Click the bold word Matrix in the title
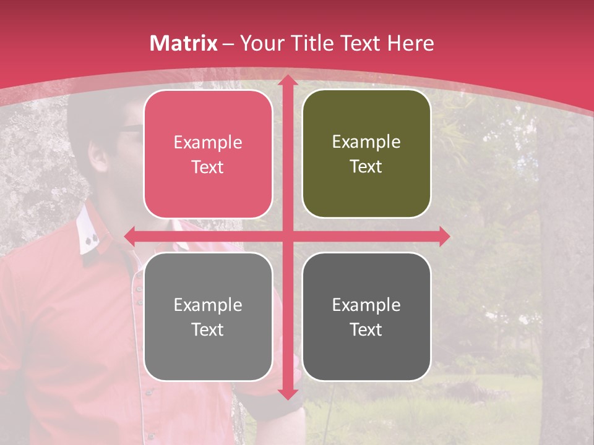click(x=184, y=43)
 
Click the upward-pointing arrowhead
click(x=287, y=82)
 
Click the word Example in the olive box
click(x=366, y=142)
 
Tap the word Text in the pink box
click(x=207, y=167)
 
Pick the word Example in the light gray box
click(x=208, y=305)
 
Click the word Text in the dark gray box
click(x=366, y=330)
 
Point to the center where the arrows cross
click(x=287, y=236)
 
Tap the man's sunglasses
click(x=130, y=128)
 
